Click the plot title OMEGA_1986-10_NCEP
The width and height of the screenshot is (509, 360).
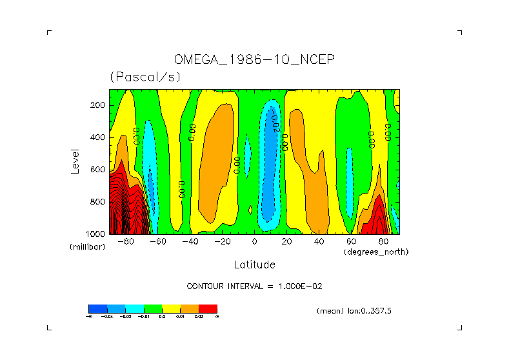click(x=254, y=60)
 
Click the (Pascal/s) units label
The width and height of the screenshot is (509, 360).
click(x=145, y=77)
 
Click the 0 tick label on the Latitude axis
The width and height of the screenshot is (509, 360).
click(x=255, y=242)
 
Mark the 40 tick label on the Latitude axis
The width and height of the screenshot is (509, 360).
click(x=319, y=242)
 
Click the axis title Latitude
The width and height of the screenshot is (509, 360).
click(x=254, y=265)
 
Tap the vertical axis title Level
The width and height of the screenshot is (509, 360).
click(x=75, y=161)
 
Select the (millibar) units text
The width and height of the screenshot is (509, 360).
click(x=87, y=247)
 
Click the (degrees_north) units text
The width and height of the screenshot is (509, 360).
click(x=376, y=252)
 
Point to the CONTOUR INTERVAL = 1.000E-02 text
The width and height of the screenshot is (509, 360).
click(x=254, y=286)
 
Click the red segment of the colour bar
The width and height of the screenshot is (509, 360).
click(x=208, y=308)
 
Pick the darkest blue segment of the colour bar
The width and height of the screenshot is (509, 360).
click(x=97, y=308)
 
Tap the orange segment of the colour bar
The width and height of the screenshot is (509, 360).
click(x=190, y=308)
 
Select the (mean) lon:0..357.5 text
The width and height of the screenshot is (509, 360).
click(x=354, y=311)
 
